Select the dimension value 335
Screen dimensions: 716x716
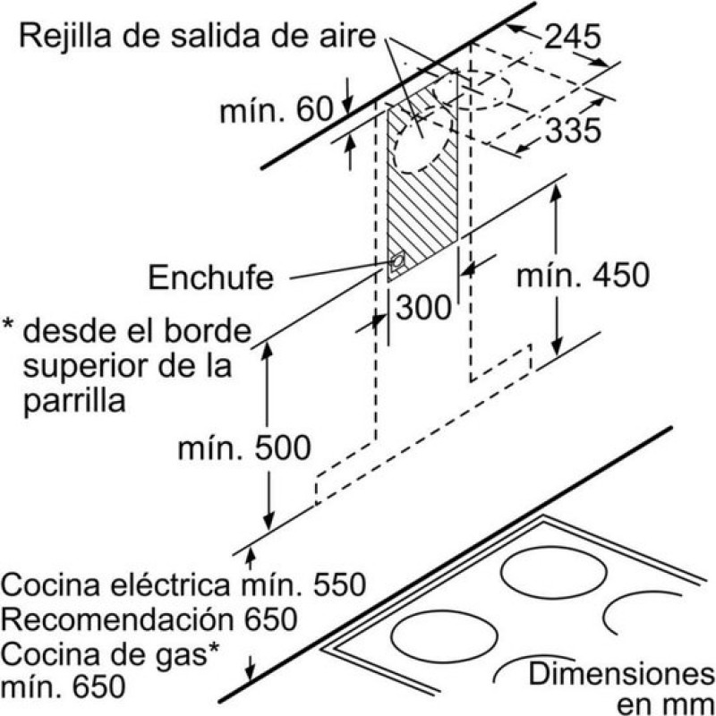[x=572, y=131]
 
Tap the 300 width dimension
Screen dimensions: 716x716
[x=422, y=308]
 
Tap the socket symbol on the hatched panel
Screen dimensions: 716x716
[x=396, y=261]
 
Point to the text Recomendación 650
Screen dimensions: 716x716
[x=149, y=618]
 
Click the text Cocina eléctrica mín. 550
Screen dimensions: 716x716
[x=184, y=585]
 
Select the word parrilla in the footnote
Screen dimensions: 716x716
[x=74, y=399]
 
